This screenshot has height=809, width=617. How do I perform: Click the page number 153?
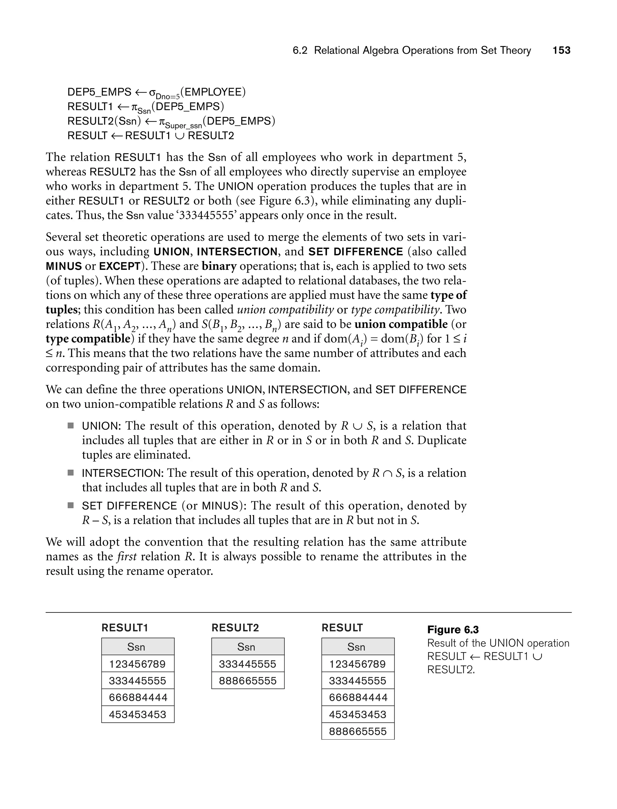pyautogui.click(x=561, y=50)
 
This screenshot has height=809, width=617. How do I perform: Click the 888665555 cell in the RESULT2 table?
pyautogui.click(x=248, y=681)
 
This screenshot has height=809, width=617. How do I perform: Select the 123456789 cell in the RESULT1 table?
pyautogui.click(x=137, y=664)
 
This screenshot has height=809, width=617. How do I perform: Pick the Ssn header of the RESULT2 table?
pyautogui.click(x=246, y=647)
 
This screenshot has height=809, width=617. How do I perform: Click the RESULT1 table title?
pyautogui.click(x=125, y=628)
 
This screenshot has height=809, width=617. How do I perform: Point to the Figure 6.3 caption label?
pyautogui.click(x=453, y=630)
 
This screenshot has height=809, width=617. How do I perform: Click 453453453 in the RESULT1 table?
pyautogui.click(x=137, y=714)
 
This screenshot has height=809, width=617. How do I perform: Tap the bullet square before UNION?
pyautogui.click(x=70, y=426)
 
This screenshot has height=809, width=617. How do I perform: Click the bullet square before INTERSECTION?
pyautogui.click(x=70, y=473)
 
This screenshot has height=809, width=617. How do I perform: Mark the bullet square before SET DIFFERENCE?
pyautogui.click(x=70, y=505)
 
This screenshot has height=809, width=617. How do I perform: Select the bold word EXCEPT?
pyautogui.click(x=120, y=266)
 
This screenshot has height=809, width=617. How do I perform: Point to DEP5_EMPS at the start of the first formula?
pyautogui.click(x=99, y=92)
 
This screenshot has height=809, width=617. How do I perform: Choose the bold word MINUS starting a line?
pyautogui.click(x=64, y=266)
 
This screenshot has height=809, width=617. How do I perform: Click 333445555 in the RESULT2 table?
pyautogui.click(x=248, y=664)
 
